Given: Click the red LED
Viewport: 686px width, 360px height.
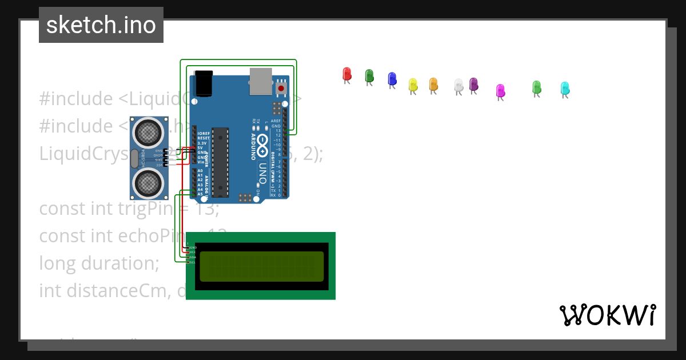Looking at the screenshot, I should (346, 74).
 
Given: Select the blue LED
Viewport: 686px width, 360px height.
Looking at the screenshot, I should (392, 78).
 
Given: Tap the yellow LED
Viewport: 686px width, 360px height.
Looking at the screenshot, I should (413, 85).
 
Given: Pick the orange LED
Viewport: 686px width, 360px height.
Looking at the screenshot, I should (433, 84).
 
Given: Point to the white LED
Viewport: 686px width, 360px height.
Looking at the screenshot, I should (458, 85).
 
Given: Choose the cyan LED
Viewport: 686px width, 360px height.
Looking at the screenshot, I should (565, 88).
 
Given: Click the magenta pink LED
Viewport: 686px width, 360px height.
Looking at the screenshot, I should (500, 90).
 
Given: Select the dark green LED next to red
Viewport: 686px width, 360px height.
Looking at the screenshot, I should (369, 75).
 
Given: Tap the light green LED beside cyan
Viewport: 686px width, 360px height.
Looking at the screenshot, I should (536, 87).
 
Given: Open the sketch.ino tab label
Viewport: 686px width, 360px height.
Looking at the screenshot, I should (101, 25).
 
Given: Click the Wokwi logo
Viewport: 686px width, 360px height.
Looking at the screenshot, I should (607, 315).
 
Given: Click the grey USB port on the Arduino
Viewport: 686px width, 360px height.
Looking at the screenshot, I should (260, 81).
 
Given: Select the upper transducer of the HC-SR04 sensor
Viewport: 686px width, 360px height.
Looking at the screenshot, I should (148, 133).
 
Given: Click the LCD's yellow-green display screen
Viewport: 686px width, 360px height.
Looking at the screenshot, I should (261, 266).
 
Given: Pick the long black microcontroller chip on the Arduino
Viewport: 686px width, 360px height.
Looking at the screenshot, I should (220, 162).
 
